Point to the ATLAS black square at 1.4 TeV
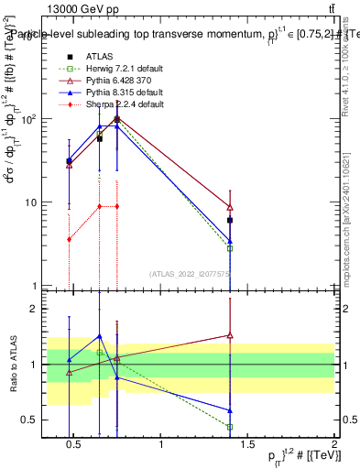tap(230, 221)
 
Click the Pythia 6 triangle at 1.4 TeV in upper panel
tap(230, 207)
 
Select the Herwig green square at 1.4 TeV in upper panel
tap(230, 248)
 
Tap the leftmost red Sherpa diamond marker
tap(69, 239)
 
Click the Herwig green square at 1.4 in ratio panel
tap(230, 427)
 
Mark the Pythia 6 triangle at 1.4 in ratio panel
tap(230, 335)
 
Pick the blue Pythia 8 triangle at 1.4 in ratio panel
tap(230, 410)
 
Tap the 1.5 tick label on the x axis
tap(247, 445)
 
